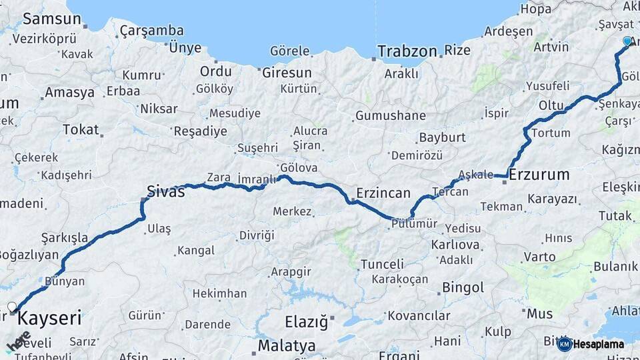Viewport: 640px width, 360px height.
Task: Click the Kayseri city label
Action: pos(49,318)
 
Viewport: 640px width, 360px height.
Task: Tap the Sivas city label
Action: pos(167,193)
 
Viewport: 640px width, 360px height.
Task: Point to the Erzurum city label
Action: pos(539,175)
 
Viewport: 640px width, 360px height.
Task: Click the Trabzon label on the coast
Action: pos(407,51)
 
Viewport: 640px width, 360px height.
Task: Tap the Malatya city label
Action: pos(287,346)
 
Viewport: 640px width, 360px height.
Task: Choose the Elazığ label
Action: pos(307,323)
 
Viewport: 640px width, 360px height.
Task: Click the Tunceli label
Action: pos(382,265)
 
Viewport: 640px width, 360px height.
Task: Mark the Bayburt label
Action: pos(441,138)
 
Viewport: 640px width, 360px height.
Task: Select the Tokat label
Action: pos(81,129)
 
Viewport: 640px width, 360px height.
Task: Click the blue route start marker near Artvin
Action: pos(627,41)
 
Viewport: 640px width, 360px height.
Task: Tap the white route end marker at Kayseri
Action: pos(11,307)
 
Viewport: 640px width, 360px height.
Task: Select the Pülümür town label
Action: pos(414,224)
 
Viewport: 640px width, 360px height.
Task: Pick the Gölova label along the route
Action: pos(299,168)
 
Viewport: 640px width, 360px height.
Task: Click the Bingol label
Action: pos(463,288)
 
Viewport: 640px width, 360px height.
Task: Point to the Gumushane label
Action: pos(390,115)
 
